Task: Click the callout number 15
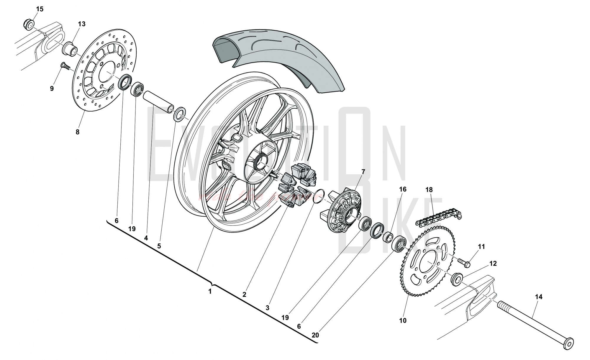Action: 40,9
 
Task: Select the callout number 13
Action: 82,24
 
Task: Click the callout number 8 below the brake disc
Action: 78,132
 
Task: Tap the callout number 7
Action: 363,171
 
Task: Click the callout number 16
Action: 403,189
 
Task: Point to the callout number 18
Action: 429,190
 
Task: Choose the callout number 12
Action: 493,264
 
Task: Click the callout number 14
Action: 539,297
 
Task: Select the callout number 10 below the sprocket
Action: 403,320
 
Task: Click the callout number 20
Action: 315,335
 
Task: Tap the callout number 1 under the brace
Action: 210,292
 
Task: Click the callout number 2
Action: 244,294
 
